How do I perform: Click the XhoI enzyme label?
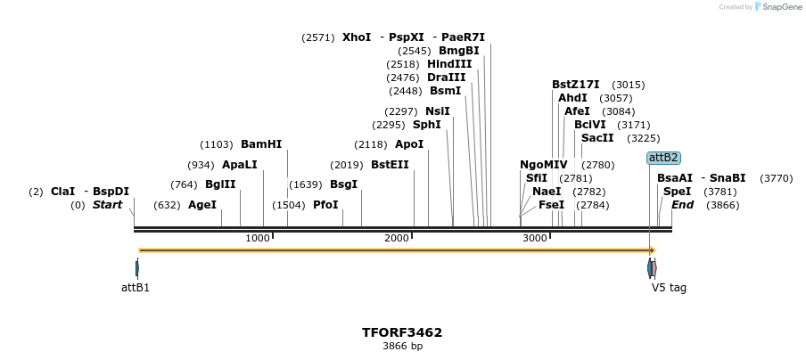click(x=357, y=37)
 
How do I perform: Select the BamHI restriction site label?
click(x=261, y=144)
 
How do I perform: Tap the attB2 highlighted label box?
click(x=663, y=158)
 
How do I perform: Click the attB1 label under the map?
click(x=136, y=288)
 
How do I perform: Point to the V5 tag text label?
click(x=669, y=288)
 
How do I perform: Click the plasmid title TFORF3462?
click(x=402, y=332)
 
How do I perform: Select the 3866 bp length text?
click(x=402, y=346)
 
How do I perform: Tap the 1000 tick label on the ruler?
click(x=258, y=238)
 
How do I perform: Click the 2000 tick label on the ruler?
click(x=397, y=238)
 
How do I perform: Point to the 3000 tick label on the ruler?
click(x=535, y=238)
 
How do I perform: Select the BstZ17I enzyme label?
click(x=576, y=85)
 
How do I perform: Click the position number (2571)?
click(x=318, y=37)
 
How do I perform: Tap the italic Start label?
click(x=108, y=205)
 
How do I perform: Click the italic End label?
click(x=683, y=205)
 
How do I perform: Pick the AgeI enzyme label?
click(x=202, y=205)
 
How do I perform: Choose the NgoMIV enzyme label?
click(x=544, y=165)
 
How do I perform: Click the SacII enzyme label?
click(x=597, y=138)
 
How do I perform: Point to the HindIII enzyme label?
click(x=449, y=64)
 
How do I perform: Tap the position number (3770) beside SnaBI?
click(x=776, y=178)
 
